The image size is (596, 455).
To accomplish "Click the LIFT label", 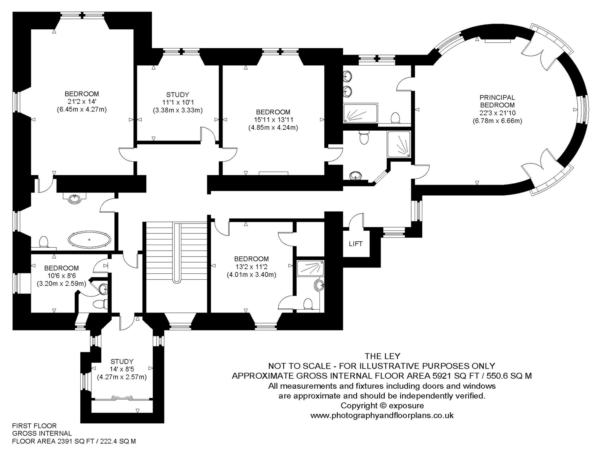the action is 356,244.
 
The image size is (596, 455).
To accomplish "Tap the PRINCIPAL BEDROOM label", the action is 497,101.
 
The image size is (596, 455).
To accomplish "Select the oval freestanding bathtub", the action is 90,239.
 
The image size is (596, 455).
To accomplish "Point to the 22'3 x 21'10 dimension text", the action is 498,113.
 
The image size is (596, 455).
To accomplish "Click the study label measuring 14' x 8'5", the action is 122,361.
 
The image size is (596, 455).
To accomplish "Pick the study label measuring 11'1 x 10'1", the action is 178,95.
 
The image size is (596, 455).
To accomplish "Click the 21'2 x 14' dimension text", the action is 82,102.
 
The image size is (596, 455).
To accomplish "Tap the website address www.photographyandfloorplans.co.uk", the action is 382,415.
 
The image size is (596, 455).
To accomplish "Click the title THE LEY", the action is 383,356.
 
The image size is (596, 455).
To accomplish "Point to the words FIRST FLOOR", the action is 34,426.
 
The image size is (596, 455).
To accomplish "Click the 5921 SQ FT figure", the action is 457,376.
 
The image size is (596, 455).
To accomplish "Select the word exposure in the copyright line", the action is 406,405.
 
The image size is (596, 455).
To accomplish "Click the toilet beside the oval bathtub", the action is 44,241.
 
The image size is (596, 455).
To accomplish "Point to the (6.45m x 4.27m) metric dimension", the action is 82,109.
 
